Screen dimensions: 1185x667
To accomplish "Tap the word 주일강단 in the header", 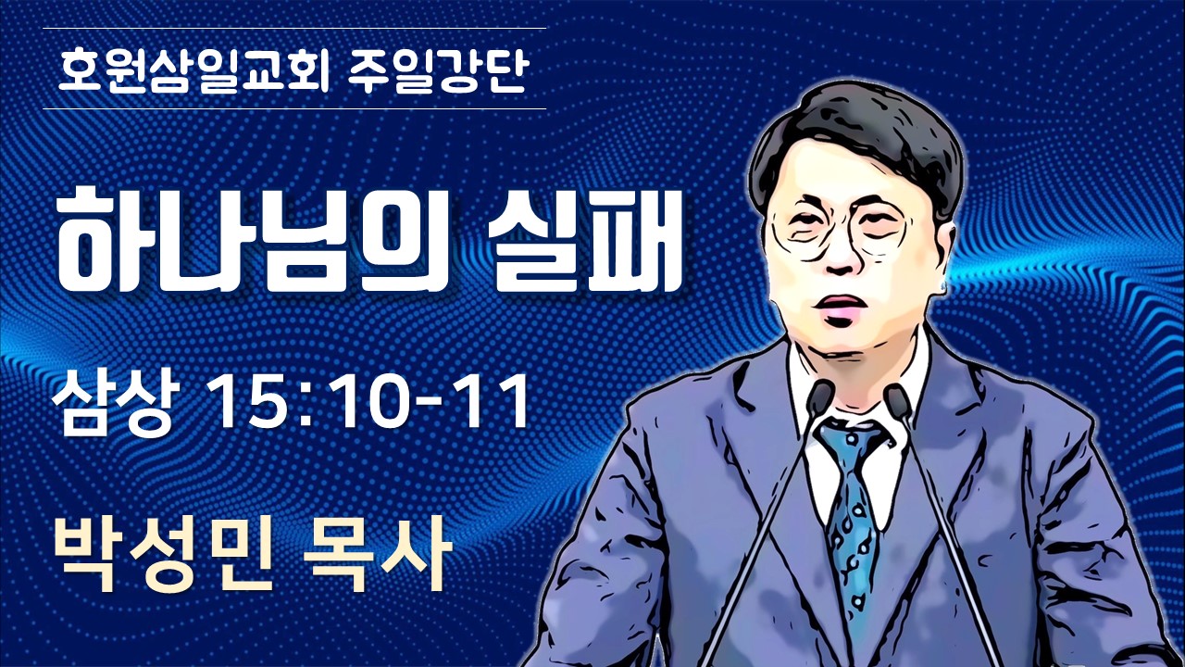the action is (x=439, y=70).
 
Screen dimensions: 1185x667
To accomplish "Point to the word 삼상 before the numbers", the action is (x=113, y=401).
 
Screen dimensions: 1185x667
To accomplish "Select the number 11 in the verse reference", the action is (x=493, y=401).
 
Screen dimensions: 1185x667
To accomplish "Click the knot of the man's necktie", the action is (x=850, y=446).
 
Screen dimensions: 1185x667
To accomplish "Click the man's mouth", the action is (x=841, y=305).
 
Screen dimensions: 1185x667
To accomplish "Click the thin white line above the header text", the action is (x=294, y=28).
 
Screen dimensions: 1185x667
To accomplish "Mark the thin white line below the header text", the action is (x=294, y=109).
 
